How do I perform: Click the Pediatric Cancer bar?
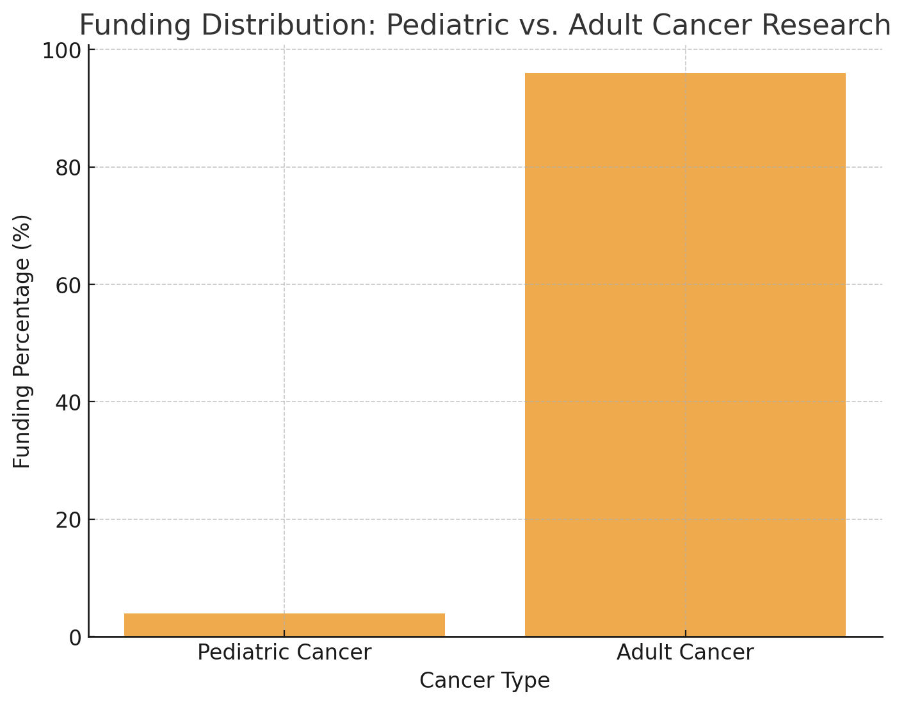[x=284, y=624]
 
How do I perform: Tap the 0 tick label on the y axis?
[x=74, y=638]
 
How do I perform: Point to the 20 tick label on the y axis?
[x=68, y=520]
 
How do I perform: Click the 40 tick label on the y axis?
[x=68, y=403]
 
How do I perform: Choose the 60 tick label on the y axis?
[x=68, y=286]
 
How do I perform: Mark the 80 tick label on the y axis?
[x=68, y=168]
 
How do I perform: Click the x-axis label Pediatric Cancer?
[x=284, y=652]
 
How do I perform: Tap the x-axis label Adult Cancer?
[x=685, y=652]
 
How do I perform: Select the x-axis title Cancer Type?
[x=485, y=681]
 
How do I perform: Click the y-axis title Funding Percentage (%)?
[x=22, y=341]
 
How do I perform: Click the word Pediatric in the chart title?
[x=448, y=26]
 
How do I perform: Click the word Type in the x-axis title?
[x=527, y=681]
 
